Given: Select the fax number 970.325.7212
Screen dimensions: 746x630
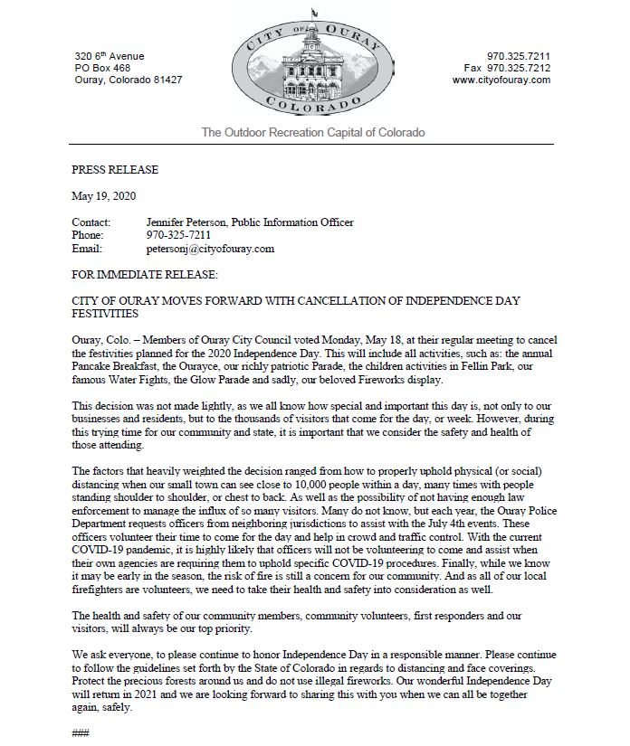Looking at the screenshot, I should [x=519, y=68].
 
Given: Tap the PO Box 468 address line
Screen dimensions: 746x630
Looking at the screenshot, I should [x=102, y=68].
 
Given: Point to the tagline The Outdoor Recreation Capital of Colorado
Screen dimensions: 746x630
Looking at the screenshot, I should [x=312, y=133].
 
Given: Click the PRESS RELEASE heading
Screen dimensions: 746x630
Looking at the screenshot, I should [x=114, y=169].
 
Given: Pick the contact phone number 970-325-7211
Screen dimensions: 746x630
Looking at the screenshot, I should [x=177, y=235].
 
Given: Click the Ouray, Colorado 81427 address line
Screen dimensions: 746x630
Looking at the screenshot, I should [x=128, y=80].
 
